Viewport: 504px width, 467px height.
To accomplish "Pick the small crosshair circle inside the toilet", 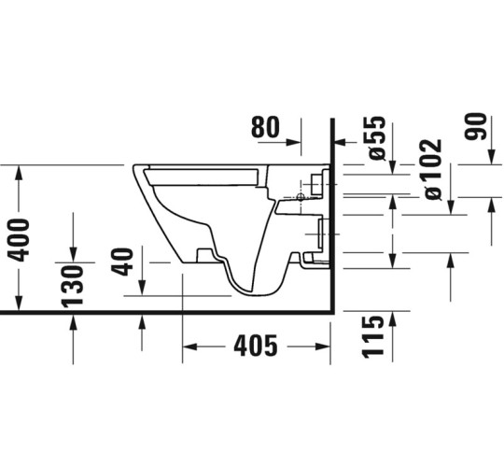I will (x=300, y=197).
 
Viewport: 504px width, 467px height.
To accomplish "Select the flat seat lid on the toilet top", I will (x=201, y=171).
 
